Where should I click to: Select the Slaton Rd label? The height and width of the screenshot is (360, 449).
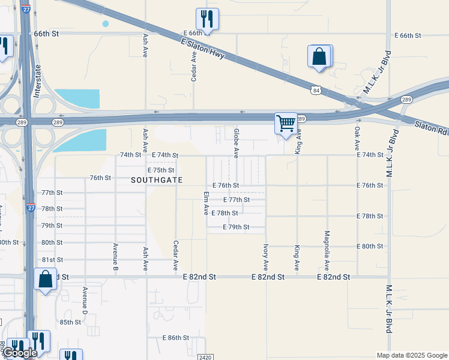point(431,127)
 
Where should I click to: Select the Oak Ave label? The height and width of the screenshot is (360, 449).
point(357,138)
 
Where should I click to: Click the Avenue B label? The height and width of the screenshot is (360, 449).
point(115,257)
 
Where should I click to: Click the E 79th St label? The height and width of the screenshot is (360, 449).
point(236,227)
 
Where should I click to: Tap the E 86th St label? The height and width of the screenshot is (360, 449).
point(176,338)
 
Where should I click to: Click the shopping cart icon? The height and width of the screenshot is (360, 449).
point(286,124)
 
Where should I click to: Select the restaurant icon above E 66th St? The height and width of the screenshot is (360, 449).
point(207,19)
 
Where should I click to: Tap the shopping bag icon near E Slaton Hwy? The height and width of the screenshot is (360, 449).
point(319,57)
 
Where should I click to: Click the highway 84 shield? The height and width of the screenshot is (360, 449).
point(316,90)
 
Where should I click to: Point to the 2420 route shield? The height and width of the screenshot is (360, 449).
point(205,357)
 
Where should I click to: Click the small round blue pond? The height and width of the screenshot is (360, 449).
point(106,24)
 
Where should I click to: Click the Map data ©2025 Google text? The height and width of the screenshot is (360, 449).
point(411,355)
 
